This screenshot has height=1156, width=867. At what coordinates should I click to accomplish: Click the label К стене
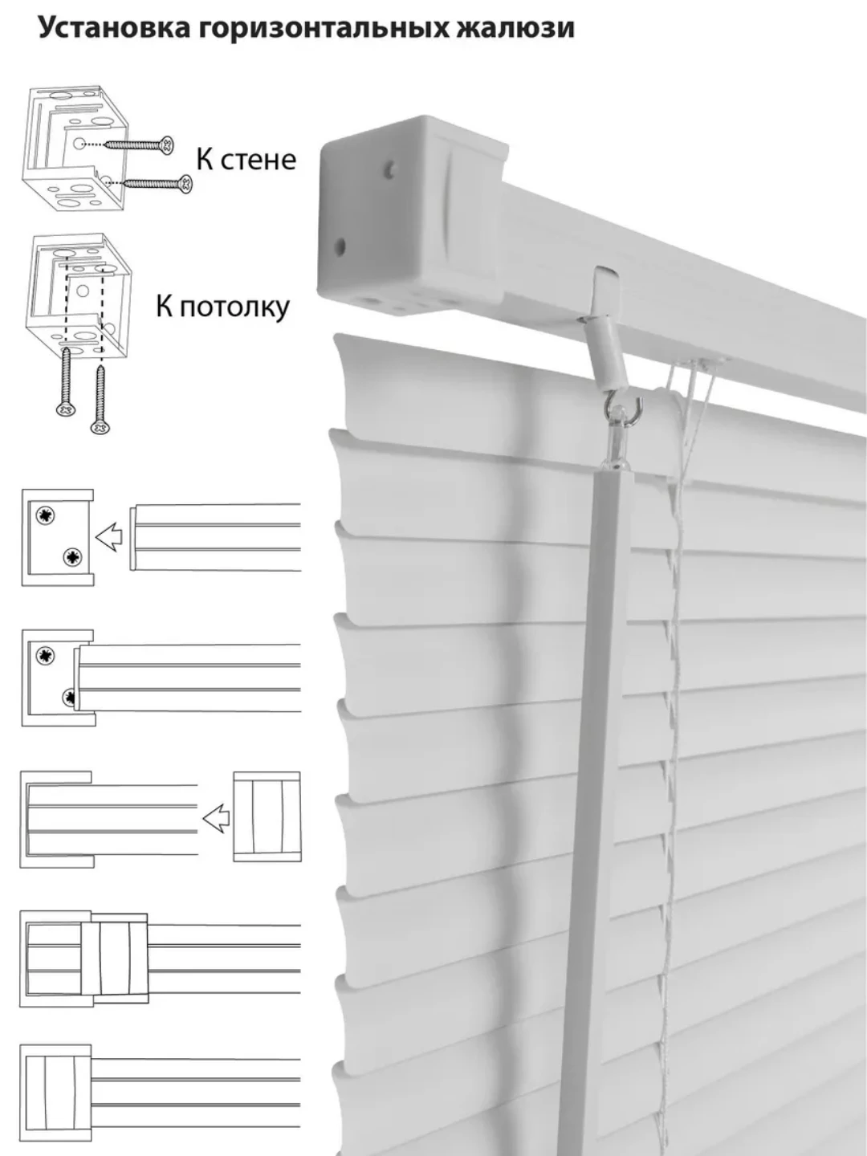point(246,159)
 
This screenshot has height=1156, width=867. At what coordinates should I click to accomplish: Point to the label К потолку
point(222,306)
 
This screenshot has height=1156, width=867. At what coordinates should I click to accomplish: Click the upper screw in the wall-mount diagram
point(140,145)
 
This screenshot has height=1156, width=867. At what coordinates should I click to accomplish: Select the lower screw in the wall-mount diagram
point(158,184)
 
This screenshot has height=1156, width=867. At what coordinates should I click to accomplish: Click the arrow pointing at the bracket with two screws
point(109,536)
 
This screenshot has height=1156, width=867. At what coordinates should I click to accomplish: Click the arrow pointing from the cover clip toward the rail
point(215,819)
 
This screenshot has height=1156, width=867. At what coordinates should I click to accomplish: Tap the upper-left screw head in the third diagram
point(44,517)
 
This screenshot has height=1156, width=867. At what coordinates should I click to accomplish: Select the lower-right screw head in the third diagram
point(73,556)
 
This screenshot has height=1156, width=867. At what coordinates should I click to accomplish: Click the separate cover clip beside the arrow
point(267,817)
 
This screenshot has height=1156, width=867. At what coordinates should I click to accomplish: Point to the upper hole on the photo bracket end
point(390,169)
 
